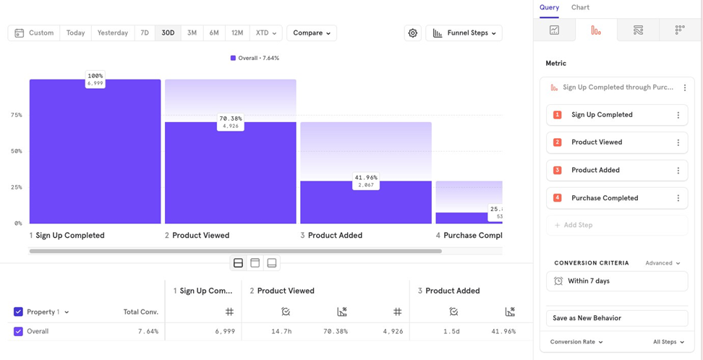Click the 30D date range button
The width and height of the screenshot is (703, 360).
(x=168, y=33)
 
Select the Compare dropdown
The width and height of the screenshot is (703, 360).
(x=312, y=33)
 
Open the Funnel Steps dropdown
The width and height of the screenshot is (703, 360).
(x=464, y=33)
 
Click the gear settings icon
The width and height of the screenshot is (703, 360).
(x=413, y=33)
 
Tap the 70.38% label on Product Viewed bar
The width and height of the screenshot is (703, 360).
(x=231, y=119)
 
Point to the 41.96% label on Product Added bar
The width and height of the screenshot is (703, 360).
(x=366, y=177)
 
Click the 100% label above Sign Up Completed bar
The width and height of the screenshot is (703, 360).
(x=95, y=76)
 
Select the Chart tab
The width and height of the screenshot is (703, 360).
(x=580, y=8)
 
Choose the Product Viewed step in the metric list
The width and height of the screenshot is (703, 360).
(x=597, y=142)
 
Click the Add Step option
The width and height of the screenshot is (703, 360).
(x=576, y=225)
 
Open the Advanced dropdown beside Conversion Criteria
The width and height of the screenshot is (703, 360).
(x=662, y=263)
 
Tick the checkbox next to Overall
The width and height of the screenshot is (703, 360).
(x=18, y=332)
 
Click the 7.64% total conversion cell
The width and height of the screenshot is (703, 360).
(x=148, y=332)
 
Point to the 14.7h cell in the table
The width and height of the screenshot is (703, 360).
(x=281, y=332)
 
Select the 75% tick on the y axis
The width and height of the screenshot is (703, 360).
(x=16, y=115)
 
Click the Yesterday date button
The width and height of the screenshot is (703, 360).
(x=113, y=33)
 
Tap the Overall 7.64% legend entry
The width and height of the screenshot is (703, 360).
(x=255, y=58)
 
